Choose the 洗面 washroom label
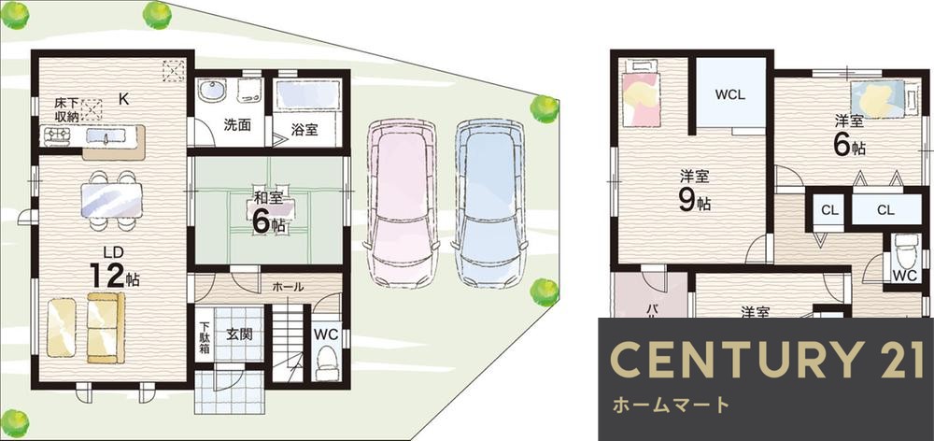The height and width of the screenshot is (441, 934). tap(236, 125)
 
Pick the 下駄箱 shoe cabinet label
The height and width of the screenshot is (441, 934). tap(205, 339)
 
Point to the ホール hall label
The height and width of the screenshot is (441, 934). tap(287, 287)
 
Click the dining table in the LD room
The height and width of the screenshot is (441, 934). tap(112, 199)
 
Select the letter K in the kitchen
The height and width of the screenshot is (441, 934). tap(123, 96)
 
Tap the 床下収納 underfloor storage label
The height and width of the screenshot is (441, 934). tap(65, 108)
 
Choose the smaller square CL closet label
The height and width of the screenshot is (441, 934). tap(829, 211)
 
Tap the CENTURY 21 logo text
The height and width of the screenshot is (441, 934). tap(766, 360)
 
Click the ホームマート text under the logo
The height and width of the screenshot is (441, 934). tap(671, 405)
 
